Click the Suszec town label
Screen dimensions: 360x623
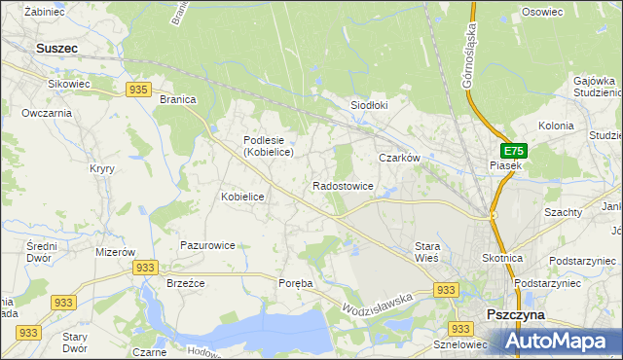point(56,47)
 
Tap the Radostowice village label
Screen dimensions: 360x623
point(343,185)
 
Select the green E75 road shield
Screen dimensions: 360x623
point(514,151)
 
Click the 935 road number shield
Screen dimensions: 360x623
point(137,90)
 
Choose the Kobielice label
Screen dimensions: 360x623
point(242,197)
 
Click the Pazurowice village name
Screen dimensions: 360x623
point(206,245)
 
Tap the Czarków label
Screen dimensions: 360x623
point(399,158)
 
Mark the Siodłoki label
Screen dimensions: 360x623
point(369,105)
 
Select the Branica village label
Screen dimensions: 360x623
point(178,99)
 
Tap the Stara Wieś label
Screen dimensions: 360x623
point(427,252)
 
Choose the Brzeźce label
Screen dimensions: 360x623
point(184,283)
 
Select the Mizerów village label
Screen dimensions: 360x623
point(115,251)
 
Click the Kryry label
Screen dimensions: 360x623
point(102,168)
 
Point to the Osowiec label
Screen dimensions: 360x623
point(543,12)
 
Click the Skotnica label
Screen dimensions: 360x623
point(502,258)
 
